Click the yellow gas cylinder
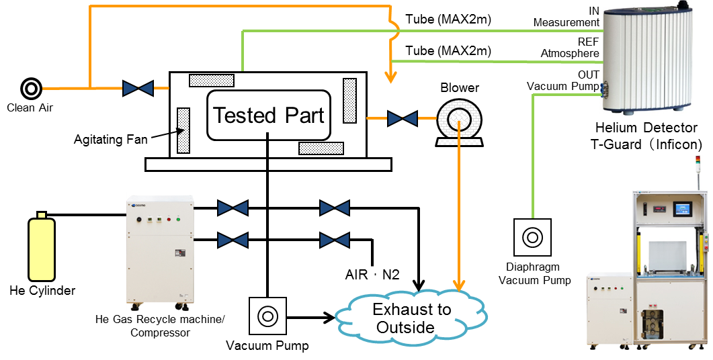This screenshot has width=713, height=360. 42,249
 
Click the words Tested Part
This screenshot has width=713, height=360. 269,116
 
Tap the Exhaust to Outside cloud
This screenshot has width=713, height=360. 411,318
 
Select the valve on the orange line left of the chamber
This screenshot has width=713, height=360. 138,88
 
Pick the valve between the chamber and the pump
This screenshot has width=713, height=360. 402,119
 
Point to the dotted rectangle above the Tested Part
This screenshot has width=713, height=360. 211,81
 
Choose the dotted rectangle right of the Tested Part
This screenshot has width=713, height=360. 349,101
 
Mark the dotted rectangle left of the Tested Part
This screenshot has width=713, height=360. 183,131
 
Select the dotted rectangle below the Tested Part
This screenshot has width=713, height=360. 321,148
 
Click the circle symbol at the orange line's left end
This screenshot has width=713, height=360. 31,89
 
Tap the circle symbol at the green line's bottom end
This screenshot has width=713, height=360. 532,237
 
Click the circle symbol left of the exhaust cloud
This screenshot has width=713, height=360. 267,316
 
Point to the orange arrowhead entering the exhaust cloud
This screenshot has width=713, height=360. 460,285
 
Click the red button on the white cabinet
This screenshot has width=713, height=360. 168,219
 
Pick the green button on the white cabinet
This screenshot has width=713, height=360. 178,219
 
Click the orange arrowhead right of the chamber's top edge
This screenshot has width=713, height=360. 390,78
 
